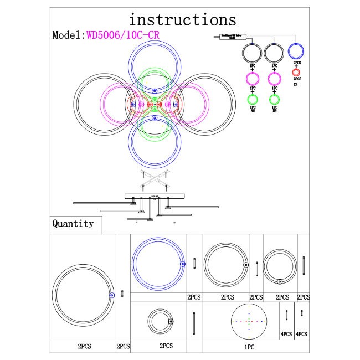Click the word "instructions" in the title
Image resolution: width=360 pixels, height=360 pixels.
(x=182, y=19)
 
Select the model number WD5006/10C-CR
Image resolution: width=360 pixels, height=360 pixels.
(x=123, y=34)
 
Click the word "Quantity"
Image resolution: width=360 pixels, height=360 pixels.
(x=73, y=224)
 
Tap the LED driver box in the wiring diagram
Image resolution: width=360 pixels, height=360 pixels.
(x=228, y=37)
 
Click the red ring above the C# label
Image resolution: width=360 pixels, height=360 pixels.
(x=296, y=73)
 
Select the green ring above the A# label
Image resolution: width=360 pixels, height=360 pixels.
(x=253, y=100)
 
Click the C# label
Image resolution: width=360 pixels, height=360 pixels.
(x=296, y=84)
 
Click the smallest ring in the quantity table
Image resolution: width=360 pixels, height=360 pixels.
(x=161, y=321)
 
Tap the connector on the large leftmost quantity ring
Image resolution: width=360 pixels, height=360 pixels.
(x=112, y=295)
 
